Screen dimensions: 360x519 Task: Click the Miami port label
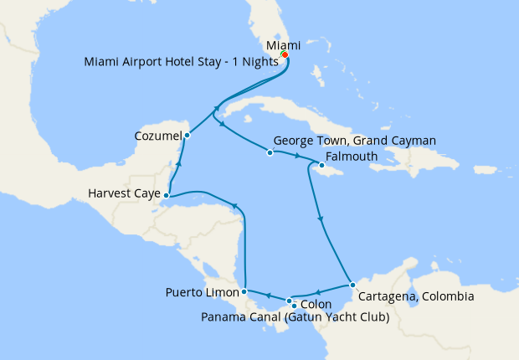pyautogui.click(x=283, y=45)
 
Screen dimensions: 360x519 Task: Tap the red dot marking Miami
pyautogui.click(x=285, y=55)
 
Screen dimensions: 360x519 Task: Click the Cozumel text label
pyautogui.click(x=157, y=135)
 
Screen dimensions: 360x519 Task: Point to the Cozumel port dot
pyautogui.click(x=188, y=135)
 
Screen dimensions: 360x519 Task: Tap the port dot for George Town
pyautogui.click(x=270, y=152)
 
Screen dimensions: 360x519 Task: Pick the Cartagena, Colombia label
pyautogui.click(x=415, y=296)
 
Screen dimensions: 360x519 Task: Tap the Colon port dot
pyautogui.click(x=289, y=301)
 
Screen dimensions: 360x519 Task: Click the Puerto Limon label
pyautogui.click(x=201, y=293)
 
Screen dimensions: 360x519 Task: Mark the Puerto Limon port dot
pyautogui.click(x=244, y=292)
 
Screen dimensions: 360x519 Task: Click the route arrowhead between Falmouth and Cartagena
pyautogui.click(x=321, y=220)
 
